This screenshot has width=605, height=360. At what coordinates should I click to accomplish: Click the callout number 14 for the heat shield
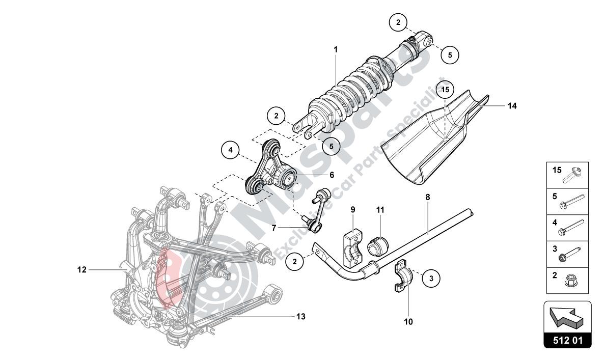pyautogui.click(x=512, y=106)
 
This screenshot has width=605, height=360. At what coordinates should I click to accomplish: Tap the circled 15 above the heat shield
pyautogui.click(x=446, y=90)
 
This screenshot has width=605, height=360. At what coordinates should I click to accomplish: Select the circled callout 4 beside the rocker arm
pyautogui.click(x=230, y=150)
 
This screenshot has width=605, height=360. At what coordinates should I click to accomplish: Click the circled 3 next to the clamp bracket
pyautogui.click(x=431, y=278)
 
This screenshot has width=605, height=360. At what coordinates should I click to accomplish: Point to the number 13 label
pyautogui.click(x=300, y=316)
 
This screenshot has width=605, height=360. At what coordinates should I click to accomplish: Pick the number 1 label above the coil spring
pyautogui.click(x=336, y=49)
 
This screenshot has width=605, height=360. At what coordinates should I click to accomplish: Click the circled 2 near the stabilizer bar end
pyautogui.click(x=294, y=262)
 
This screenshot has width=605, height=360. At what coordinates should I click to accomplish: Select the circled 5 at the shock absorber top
pyautogui.click(x=450, y=54)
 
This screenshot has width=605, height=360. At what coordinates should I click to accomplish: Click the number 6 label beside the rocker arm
pyautogui.click(x=331, y=175)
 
